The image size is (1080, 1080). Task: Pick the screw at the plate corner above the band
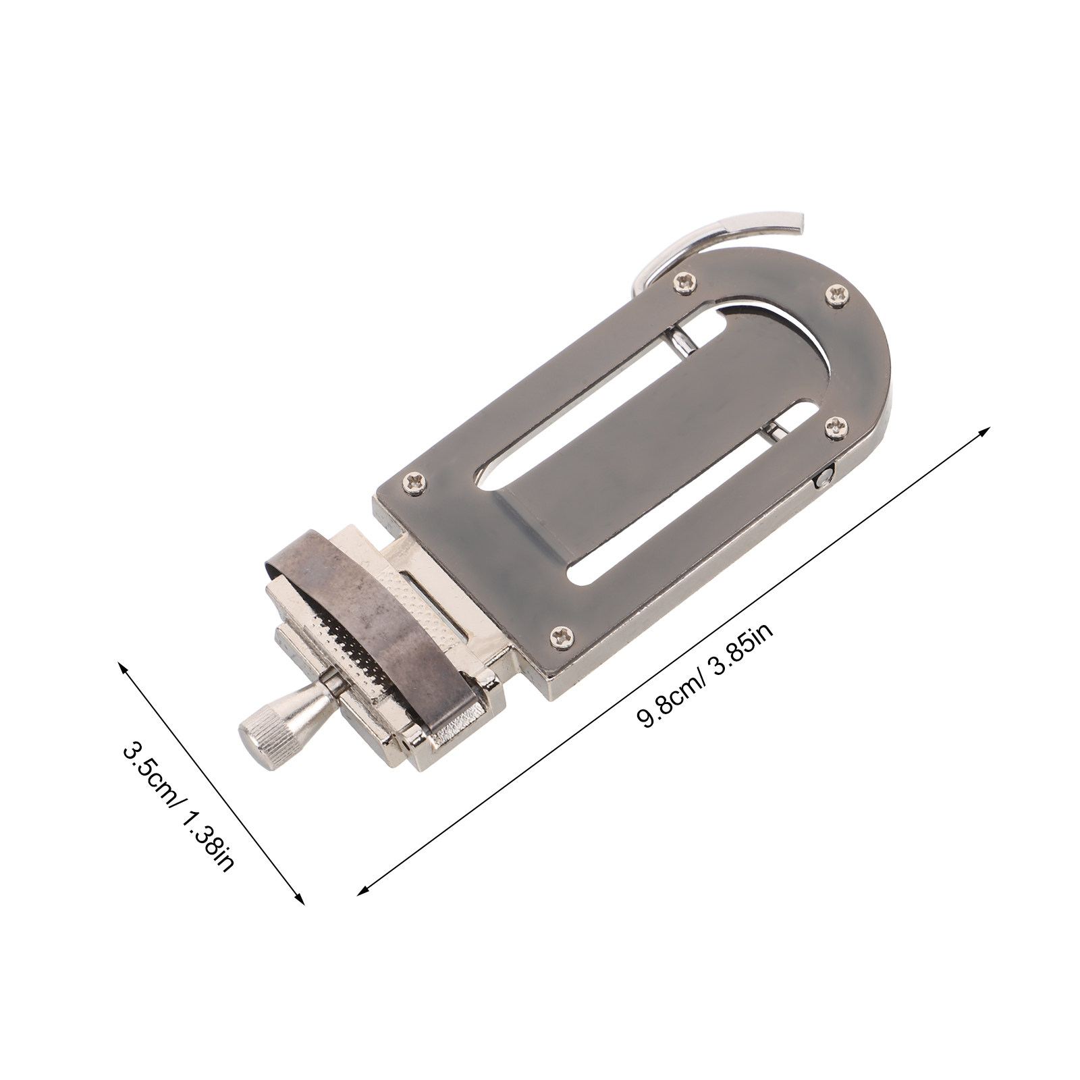tap(414, 481)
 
